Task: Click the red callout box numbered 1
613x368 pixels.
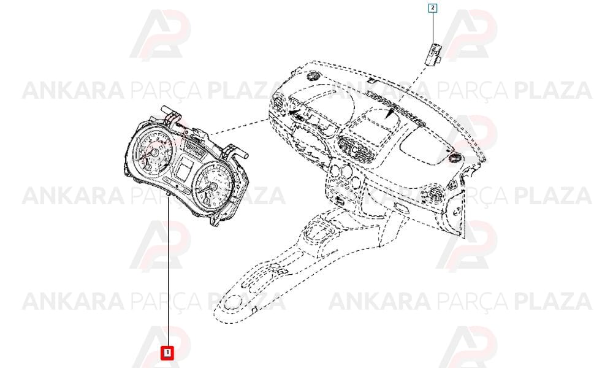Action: (167, 353)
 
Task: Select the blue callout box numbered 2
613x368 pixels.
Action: (433, 8)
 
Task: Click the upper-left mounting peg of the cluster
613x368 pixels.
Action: (170, 112)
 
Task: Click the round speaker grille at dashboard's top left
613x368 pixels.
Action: (313, 75)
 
